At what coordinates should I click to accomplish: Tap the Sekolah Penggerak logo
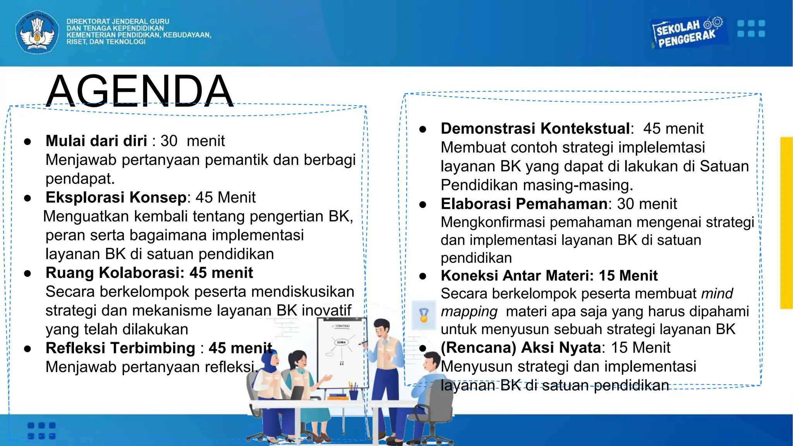(x=687, y=33)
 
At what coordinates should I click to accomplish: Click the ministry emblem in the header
(x=37, y=32)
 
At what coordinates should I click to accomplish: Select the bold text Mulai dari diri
(x=96, y=141)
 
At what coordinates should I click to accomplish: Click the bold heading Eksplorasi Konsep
(x=116, y=197)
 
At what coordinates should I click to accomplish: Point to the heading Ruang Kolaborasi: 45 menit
(x=149, y=273)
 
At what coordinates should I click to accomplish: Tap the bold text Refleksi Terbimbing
(x=120, y=348)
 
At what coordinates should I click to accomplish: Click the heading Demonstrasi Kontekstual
(x=536, y=129)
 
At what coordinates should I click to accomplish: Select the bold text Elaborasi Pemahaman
(x=524, y=204)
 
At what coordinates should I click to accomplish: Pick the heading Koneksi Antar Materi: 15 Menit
(x=549, y=276)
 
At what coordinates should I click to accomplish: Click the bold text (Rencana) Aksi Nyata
(x=521, y=348)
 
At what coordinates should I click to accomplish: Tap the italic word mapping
(x=469, y=312)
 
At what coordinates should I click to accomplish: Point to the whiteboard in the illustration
(x=341, y=350)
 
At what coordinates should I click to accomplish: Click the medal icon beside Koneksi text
(x=424, y=315)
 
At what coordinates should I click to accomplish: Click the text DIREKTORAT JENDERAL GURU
(x=118, y=22)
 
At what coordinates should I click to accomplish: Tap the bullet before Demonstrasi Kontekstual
(x=423, y=129)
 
